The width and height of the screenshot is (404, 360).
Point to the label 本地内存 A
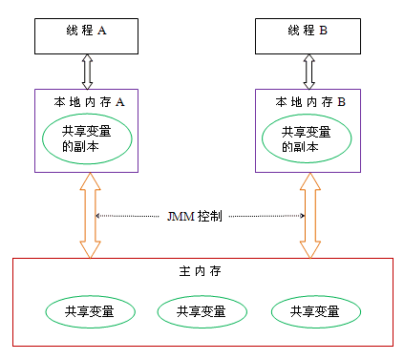[x=87, y=100]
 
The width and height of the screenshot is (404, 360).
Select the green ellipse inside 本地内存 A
[x=88, y=139]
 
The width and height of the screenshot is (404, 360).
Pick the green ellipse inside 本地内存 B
[x=308, y=139]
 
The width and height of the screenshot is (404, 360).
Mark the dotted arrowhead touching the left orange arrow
[x=98, y=217]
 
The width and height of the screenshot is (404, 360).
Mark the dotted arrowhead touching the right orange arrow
[x=302, y=217]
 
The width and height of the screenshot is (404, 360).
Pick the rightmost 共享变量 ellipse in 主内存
[x=316, y=311]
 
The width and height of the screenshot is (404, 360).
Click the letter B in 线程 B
[x=323, y=32]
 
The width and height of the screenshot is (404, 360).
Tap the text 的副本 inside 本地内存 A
[x=80, y=148]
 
